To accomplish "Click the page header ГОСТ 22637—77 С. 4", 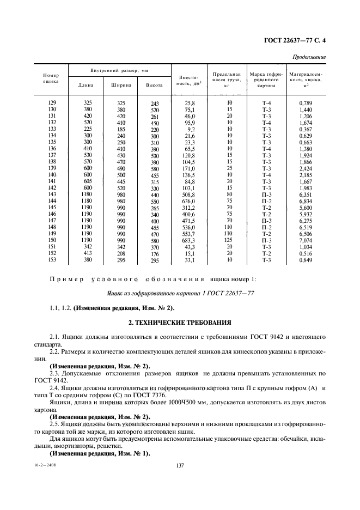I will coord(298,40).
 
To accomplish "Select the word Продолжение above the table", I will coord(309,57).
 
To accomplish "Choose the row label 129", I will coord(52,103).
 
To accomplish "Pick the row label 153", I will coord(52,260).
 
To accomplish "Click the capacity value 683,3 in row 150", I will coord(188,240).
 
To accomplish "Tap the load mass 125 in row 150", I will coord(229,240).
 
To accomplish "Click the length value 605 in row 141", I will coord(87,181).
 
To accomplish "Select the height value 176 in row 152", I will coord(155,253).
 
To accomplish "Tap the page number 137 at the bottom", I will coord(180,465).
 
